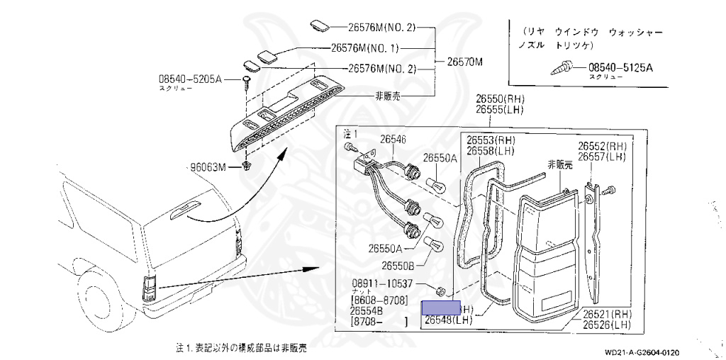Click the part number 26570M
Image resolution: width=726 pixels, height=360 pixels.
click(x=464, y=62)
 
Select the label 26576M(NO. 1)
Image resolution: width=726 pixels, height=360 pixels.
click(x=365, y=49)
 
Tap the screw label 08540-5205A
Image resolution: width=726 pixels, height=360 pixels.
click(x=190, y=80)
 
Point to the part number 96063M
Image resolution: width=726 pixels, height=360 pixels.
click(x=207, y=167)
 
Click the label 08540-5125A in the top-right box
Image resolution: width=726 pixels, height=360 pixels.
click(x=620, y=68)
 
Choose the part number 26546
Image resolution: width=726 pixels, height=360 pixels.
click(x=393, y=140)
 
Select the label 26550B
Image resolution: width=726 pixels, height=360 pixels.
click(x=398, y=265)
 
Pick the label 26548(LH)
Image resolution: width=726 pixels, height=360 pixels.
click(x=448, y=320)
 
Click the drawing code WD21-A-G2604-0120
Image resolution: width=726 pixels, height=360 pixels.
click(x=642, y=352)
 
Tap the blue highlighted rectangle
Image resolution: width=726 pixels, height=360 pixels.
click(x=441, y=308)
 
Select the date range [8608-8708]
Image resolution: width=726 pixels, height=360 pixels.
click(x=379, y=300)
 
